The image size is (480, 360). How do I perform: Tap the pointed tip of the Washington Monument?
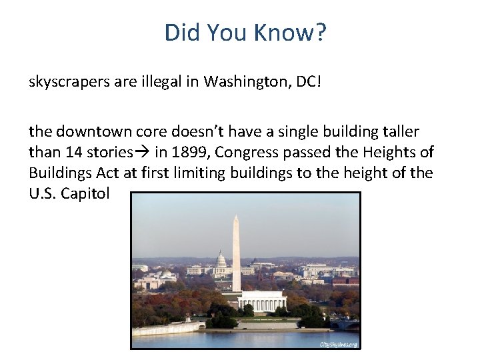coord(236,217)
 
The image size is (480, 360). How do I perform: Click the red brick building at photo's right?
coord(345,281)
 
